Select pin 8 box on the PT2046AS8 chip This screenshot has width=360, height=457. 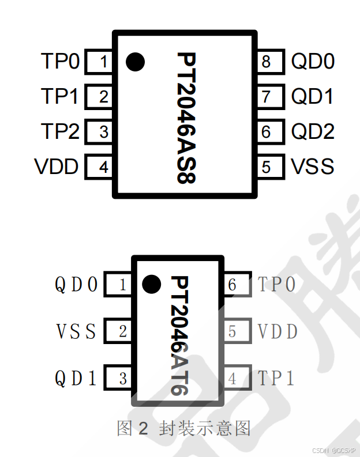269,62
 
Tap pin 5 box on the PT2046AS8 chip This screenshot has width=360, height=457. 269,167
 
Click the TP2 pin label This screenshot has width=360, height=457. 60,132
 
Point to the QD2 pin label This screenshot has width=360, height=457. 312,132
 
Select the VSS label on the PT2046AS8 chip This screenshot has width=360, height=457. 312,167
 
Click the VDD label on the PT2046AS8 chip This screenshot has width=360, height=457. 57,167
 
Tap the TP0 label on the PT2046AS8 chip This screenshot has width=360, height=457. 60,62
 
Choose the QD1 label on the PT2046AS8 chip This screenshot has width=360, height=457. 312,97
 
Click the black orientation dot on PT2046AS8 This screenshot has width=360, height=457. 135,62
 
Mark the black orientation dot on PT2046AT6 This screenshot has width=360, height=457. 151,284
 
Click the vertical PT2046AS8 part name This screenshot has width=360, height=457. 186,118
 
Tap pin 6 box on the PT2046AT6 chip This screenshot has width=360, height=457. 235,285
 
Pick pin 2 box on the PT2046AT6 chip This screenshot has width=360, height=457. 119,331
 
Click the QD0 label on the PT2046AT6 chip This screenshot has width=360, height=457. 76,285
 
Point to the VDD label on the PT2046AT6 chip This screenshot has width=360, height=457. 277,331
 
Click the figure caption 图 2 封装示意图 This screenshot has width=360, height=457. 184,428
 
